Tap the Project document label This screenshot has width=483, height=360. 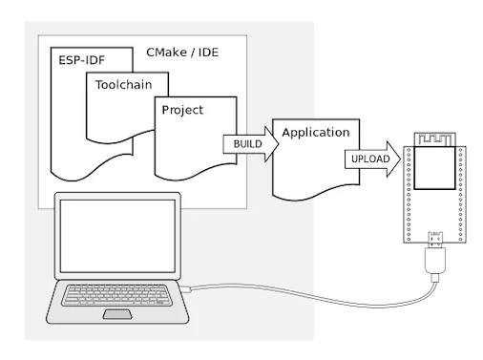[x=182, y=110]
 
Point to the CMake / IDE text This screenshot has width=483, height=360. [x=182, y=52]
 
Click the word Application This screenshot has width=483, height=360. [x=315, y=132]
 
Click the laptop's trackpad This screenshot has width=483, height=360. [x=119, y=313]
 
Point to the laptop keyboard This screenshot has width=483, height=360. [x=120, y=294]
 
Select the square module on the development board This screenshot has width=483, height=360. [x=434, y=167]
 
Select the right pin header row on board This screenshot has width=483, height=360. [x=462, y=191]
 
